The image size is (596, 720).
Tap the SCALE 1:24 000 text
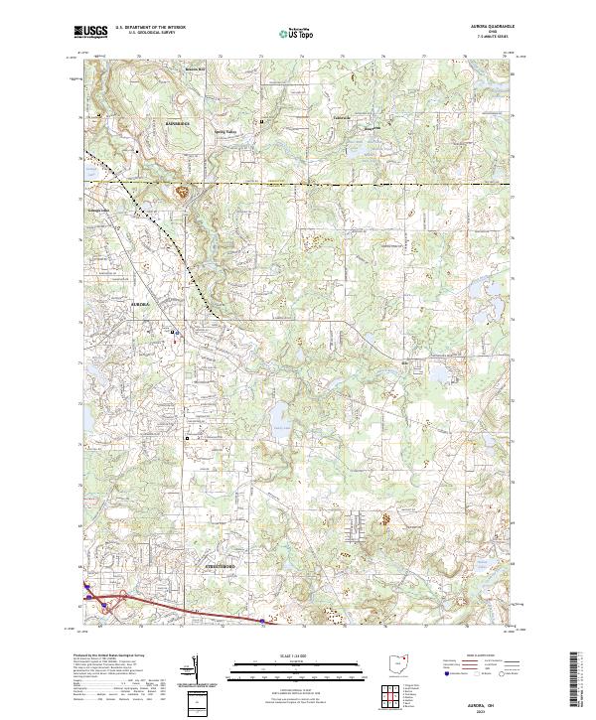click(x=297, y=656)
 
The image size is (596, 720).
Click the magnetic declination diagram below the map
click(x=195, y=667)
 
